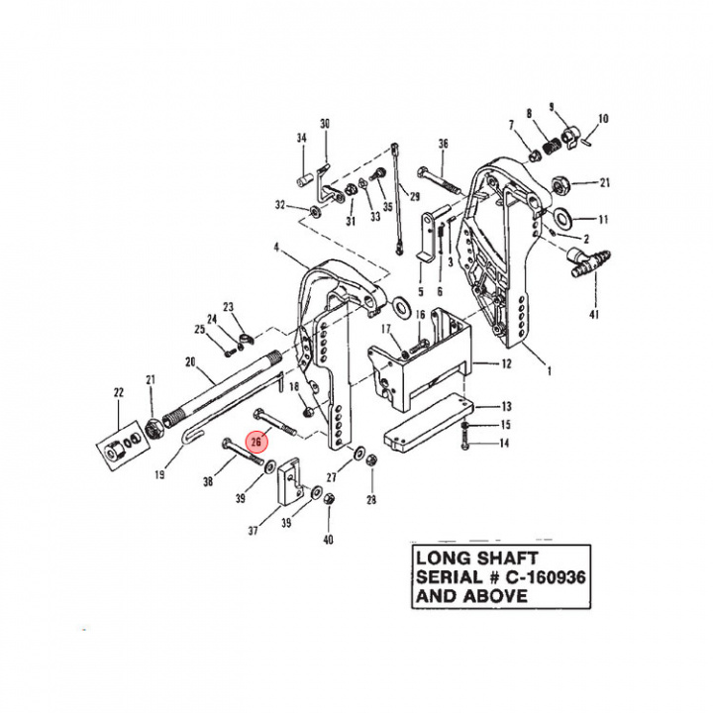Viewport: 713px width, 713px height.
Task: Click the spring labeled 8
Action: [x=547, y=144]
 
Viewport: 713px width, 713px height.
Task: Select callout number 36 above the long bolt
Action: [x=443, y=144]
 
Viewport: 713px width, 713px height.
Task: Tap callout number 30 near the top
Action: [x=324, y=124]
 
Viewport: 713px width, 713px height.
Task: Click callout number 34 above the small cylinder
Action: [x=302, y=139]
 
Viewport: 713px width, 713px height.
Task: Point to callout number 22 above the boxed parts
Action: [x=119, y=393]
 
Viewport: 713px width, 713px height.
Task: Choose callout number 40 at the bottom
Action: [x=329, y=540]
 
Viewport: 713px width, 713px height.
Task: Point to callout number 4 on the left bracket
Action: [x=278, y=246]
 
